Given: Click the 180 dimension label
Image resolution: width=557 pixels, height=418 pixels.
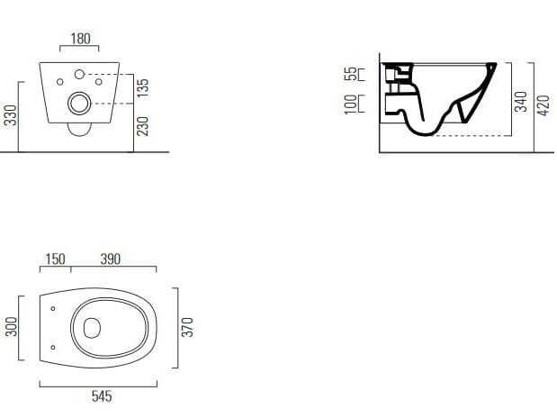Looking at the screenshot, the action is click(81, 39).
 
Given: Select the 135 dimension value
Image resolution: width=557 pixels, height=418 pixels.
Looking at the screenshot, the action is click(143, 88).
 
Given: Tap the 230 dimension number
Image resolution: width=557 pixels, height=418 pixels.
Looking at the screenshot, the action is click(143, 126).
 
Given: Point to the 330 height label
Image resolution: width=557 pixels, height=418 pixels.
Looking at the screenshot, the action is click(11, 115).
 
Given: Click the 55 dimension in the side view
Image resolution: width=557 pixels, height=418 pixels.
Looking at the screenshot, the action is click(351, 74).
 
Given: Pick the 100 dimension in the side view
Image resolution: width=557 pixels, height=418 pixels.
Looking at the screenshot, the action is click(351, 104).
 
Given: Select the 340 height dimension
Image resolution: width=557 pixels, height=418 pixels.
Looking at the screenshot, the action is click(521, 102).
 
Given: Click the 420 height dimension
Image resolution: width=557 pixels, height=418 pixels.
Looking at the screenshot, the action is click(544, 105).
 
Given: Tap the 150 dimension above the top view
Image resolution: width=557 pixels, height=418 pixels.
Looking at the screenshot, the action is click(56, 259).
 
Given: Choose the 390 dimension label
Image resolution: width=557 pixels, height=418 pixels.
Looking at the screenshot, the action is click(111, 259).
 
